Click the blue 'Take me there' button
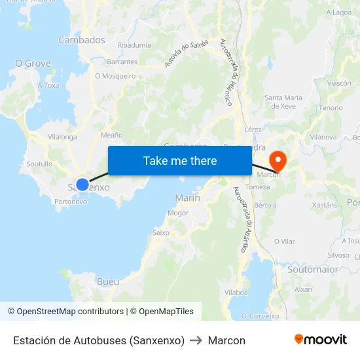coord(180,160)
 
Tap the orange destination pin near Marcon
coord(277,159)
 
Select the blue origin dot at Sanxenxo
coord(82,185)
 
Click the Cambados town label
coord(82,40)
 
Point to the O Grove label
coord(33,63)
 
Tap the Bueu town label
coord(108,281)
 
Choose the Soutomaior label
coord(314,269)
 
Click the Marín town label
coord(188,198)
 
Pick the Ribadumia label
coord(134,45)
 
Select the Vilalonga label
coord(62,137)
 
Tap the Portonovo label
coord(71,202)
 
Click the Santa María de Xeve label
coord(283,101)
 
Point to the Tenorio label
coord(331,107)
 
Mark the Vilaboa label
coord(236,293)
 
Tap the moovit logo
coord(321,339)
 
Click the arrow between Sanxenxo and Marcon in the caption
coord(196,340)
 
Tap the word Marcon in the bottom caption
coord(226,340)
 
